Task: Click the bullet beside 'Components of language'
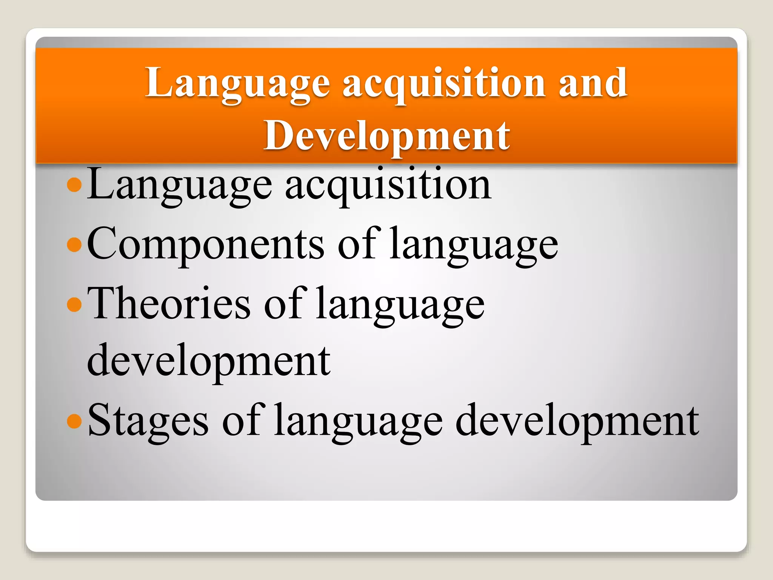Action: pyautogui.click(x=74, y=245)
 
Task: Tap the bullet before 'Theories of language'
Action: pyautogui.click(x=74, y=304)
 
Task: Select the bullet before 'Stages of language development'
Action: pyautogui.click(x=74, y=421)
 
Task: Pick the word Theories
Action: pyautogui.click(x=169, y=304)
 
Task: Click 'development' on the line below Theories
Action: pyautogui.click(x=209, y=361)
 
